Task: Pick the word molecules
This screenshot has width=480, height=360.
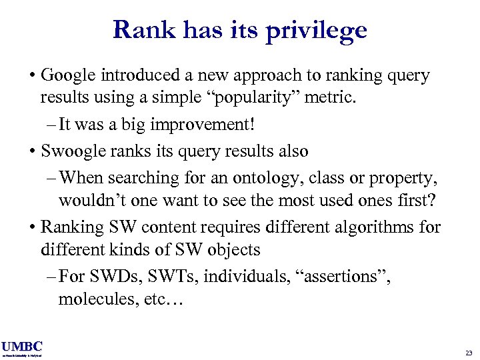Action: pyautogui.click(x=93, y=299)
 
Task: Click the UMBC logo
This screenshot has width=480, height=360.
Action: pyautogui.click(x=22, y=347)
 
